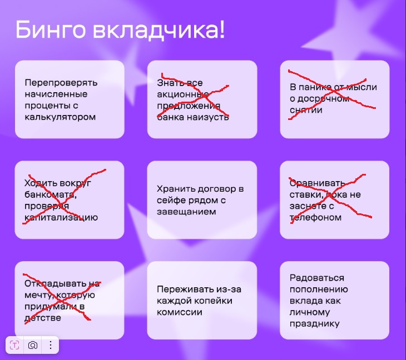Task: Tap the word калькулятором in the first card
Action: (x=60, y=117)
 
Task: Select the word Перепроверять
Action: (x=61, y=83)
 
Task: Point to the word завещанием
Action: (x=186, y=212)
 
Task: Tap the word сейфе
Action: (x=171, y=201)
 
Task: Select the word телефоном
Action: (x=315, y=218)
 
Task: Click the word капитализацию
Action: (x=61, y=218)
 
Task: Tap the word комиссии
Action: (x=180, y=312)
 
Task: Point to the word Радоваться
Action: (x=317, y=278)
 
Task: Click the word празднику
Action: (x=314, y=324)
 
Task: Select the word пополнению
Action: (x=319, y=289)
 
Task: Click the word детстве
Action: (x=43, y=318)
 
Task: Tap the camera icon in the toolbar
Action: (x=33, y=345)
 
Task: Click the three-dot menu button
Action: (x=51, y=345)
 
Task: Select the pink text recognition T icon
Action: (x=14, y=345)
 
